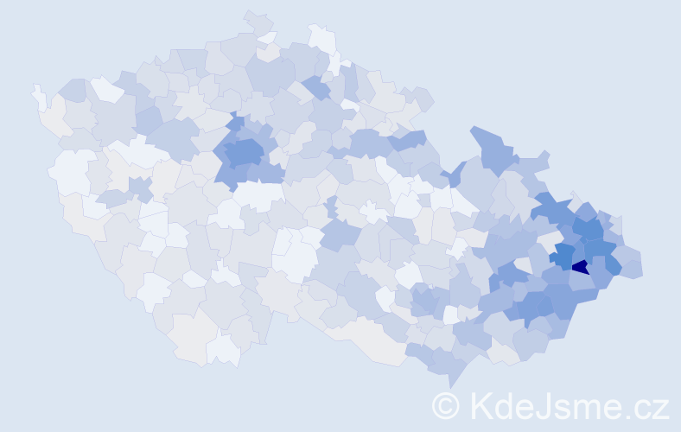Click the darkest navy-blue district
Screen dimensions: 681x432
click(x=580, y=267)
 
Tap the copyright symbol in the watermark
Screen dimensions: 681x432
click(x=446, y=404)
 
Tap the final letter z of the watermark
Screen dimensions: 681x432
click(x=659, y=408)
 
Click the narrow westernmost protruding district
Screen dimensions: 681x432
click(x=38, y=95)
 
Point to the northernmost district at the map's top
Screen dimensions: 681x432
click(x=257, y=22)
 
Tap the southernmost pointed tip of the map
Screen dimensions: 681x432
click(x=450, y=383)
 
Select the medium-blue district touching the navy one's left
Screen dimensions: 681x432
click(x=563, y=256)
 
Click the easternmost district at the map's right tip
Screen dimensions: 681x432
click(x=632, y=267)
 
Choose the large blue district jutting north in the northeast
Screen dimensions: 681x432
click(x=492, y=147)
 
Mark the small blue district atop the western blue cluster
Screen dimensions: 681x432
click(x=237, y=124)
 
